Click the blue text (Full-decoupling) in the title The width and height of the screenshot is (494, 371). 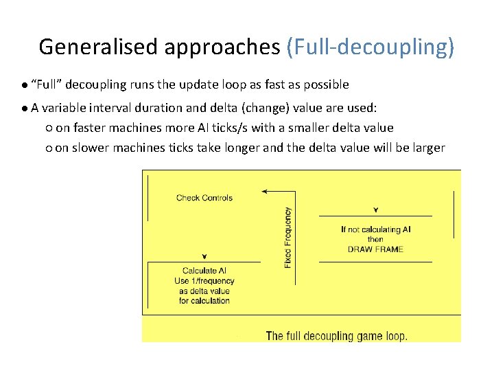click(370, 47)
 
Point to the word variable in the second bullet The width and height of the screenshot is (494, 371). click(66, 108)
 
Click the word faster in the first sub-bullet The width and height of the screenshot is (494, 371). click(92, 128)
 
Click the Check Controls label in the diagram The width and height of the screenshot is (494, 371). click(204, 198)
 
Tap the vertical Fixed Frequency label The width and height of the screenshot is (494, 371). click(287, 237)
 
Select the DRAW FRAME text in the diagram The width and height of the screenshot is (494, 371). click(375, 249)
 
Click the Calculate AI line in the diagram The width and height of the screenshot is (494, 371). click(204, 271)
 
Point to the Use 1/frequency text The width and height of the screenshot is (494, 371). click(204, 280)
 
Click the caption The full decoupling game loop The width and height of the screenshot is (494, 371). click(336, 336)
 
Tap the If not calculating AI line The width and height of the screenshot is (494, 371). click(375, 229)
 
